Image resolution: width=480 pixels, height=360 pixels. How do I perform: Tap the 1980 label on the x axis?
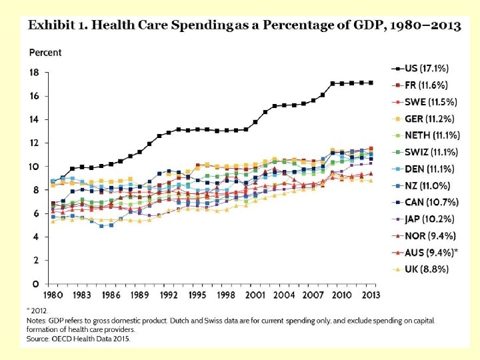point(54,295)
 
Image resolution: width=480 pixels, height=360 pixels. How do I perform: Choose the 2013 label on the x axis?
point(371,295)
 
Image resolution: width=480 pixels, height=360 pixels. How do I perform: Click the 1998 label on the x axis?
point(227,295)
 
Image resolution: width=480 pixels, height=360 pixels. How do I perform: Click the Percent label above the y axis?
point(45,53)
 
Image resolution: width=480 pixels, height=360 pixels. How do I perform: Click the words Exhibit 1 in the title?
point(56,26)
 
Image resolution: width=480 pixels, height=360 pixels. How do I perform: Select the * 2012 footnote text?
point(38,310)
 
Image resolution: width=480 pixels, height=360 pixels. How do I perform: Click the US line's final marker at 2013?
point(371,83)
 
